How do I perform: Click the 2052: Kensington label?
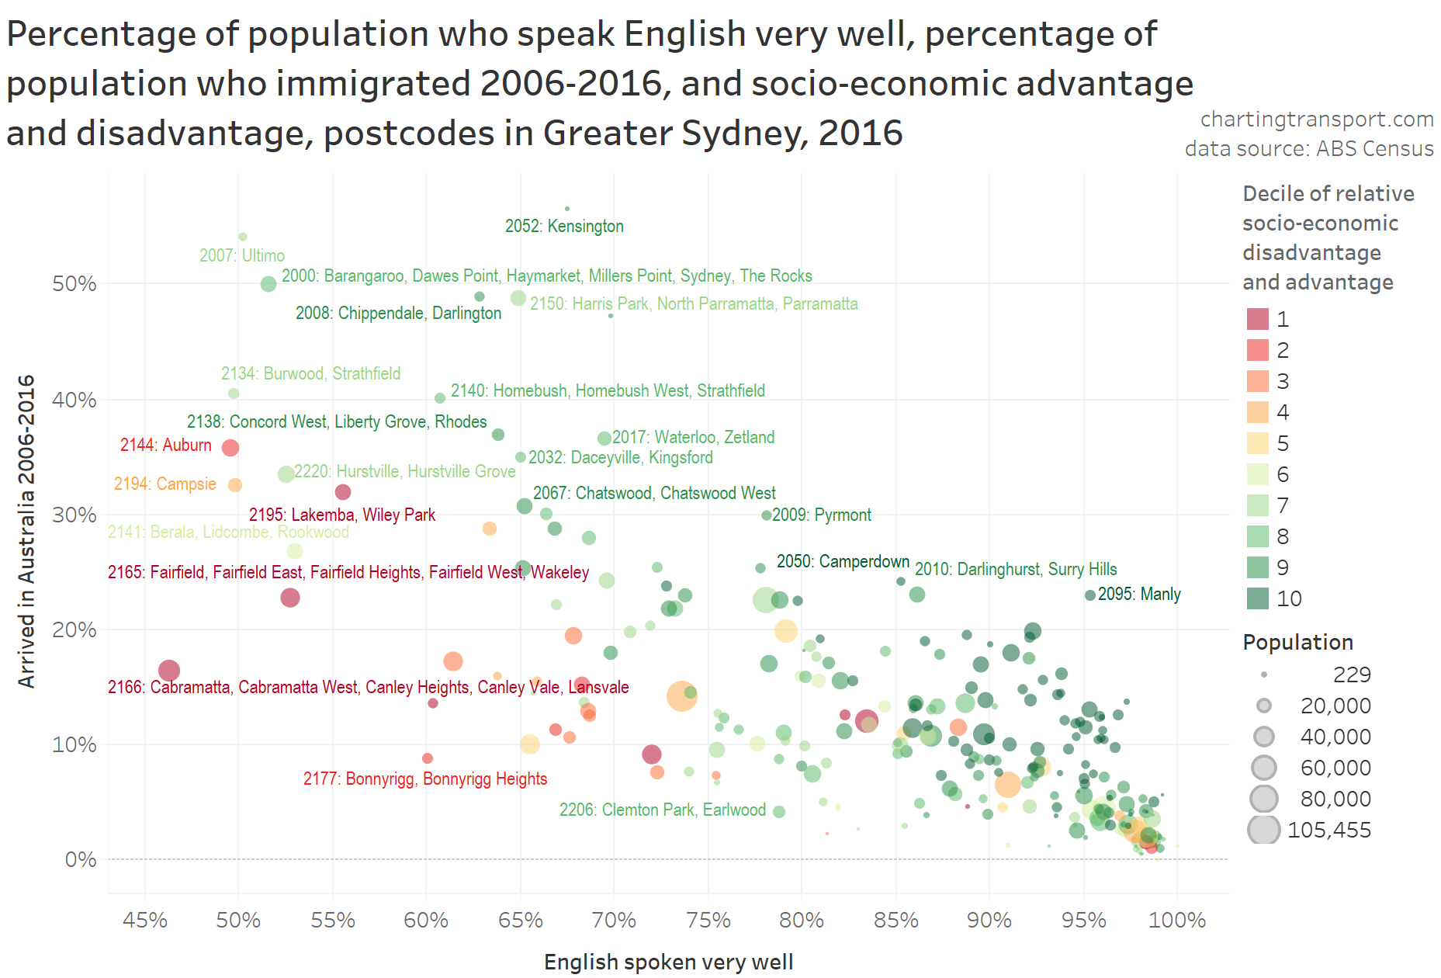click(564, 227)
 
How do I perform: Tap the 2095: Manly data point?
click(1090, 595)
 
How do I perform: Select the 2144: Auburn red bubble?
click(230, 448)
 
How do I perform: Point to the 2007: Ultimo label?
click(241, 256)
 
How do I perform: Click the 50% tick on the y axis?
click(74, 284)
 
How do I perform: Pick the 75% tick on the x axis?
click(708, 921)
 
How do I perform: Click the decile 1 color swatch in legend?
click(1257, 319)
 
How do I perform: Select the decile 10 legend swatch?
click(1257, 598)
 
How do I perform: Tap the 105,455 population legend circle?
click(1264, 830)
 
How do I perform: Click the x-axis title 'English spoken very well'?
click(668, 962)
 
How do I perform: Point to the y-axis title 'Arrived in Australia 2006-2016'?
click(27, 532)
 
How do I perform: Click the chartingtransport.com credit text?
click(1316, 120)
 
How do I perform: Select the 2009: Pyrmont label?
click(821, 515)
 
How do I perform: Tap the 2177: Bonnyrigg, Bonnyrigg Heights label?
click(425, 779)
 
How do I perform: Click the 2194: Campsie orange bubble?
click(235, 485)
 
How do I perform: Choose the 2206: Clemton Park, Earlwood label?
click(662, 810)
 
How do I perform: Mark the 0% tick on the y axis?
click(81, 860)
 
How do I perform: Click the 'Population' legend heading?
click(1297, 643)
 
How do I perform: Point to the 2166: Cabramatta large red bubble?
click(169, 671)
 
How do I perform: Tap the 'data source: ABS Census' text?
click(1308, 149)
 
